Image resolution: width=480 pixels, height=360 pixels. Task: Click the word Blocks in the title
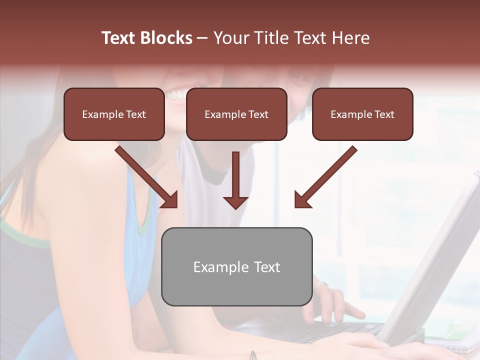[166, 38]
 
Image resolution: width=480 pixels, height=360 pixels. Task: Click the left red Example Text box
[114, 114]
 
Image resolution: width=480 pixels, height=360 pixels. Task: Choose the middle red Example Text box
[236, 114]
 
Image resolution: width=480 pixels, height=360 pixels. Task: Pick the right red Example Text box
[362, 114]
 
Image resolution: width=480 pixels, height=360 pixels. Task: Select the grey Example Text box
[236, 267]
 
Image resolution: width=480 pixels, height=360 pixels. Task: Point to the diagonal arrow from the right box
[325, 176]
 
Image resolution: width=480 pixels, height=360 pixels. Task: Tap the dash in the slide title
[202, 38]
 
